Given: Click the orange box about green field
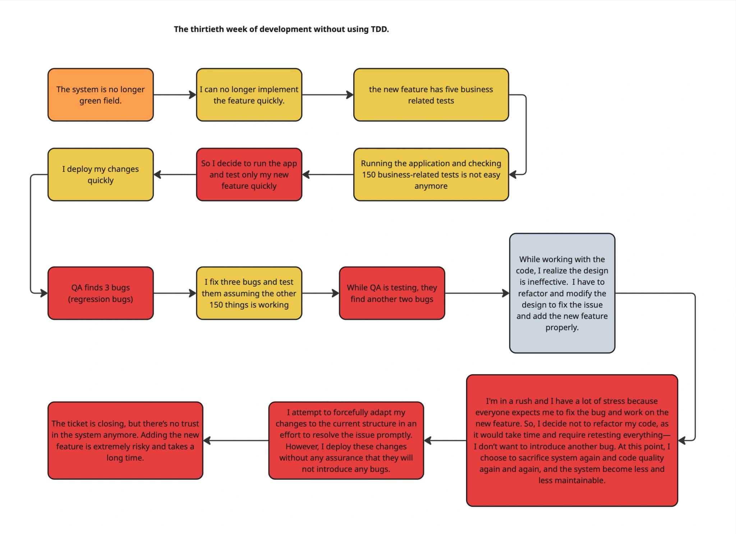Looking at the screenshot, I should coord(101,95).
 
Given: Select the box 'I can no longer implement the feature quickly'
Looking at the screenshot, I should coord(249,95).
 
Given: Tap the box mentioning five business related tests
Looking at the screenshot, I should coord(431,95).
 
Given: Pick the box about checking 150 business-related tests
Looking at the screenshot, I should coord(431,174).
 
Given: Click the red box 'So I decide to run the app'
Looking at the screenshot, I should coord(249,174).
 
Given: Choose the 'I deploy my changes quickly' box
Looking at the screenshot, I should coord(101,174).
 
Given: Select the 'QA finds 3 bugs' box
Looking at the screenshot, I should coord(101,293).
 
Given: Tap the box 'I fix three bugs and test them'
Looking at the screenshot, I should coord(249,293).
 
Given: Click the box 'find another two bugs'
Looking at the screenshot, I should coord(392,293).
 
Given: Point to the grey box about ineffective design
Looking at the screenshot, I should coord(562,293).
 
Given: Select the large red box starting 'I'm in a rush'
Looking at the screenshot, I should coord(572,441).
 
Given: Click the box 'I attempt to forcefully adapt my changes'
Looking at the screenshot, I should coord(346,441).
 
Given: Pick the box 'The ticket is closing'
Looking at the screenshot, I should coord(125,441).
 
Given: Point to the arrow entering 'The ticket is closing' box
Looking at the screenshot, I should coord(235,441).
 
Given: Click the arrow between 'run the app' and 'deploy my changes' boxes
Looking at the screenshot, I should coord(175,174).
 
